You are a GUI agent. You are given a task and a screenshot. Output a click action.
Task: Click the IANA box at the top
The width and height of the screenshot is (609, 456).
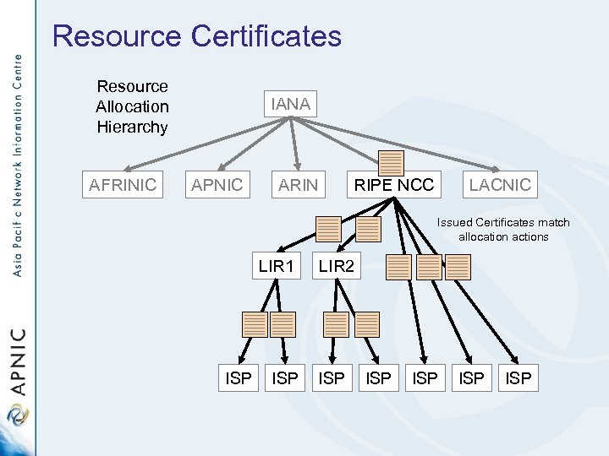click(x=290, y=105)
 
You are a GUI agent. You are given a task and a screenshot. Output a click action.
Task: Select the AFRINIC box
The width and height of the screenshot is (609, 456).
click(x=123, y=185)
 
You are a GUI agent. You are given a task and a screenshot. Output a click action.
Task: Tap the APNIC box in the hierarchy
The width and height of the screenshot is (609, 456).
click(x=217, y=185)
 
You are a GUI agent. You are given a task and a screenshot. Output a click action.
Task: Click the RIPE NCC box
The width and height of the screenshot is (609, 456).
click(x=393, y=185)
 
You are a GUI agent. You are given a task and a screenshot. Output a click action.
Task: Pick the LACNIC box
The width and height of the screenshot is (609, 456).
click(x=500, y=185)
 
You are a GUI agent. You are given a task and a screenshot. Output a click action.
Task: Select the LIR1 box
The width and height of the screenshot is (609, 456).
click(x=276, y=267)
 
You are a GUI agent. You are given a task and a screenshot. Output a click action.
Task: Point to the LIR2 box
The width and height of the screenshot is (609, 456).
click(x=337, y=267)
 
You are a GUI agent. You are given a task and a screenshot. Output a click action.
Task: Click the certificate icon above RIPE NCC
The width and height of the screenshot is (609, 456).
click(x=391, y=162)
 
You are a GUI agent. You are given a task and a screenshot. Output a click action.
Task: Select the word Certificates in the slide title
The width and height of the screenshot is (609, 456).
click(x=266, y=36)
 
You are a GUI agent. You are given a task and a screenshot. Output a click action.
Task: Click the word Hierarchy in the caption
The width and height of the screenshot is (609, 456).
click(x=132, y=128)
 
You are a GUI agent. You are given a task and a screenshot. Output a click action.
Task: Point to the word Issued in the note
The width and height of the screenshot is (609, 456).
click(x=455, y=223)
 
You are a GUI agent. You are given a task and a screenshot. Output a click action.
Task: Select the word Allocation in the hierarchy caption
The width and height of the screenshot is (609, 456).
click(x=132, y=107)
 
